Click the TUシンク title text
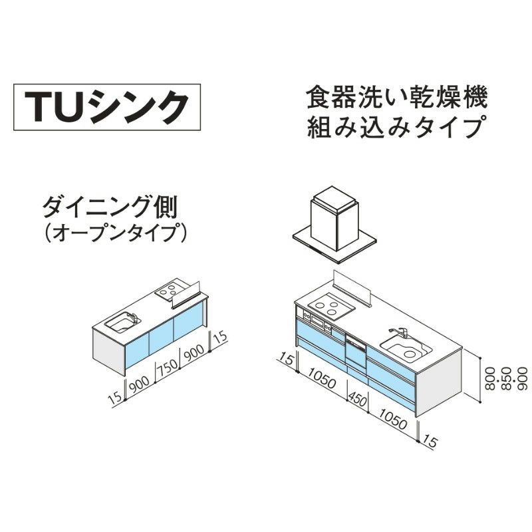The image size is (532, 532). tap(107, 106)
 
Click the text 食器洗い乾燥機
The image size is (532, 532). tap(397, 98)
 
